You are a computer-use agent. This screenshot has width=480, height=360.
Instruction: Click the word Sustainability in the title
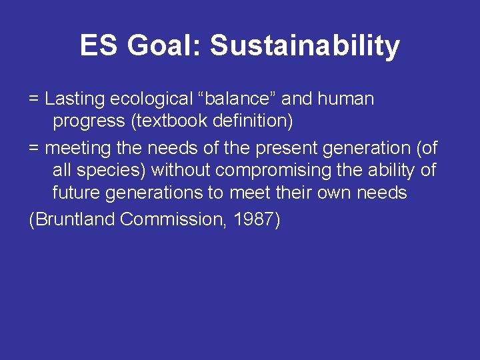[x=305, y=46]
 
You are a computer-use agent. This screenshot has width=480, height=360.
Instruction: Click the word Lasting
[x=75, y=99]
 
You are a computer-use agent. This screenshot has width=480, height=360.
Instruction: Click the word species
[x=112, y=170]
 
